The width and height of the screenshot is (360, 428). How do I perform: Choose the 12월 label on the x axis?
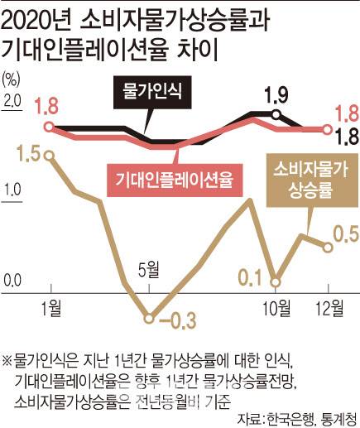pyautogui.click(x=329, y=309)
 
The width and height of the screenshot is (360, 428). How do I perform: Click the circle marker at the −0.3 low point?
pyautogui.click(x=150, y=316)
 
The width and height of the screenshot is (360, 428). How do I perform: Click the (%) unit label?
pyautogui.click(x=13, y=79)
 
